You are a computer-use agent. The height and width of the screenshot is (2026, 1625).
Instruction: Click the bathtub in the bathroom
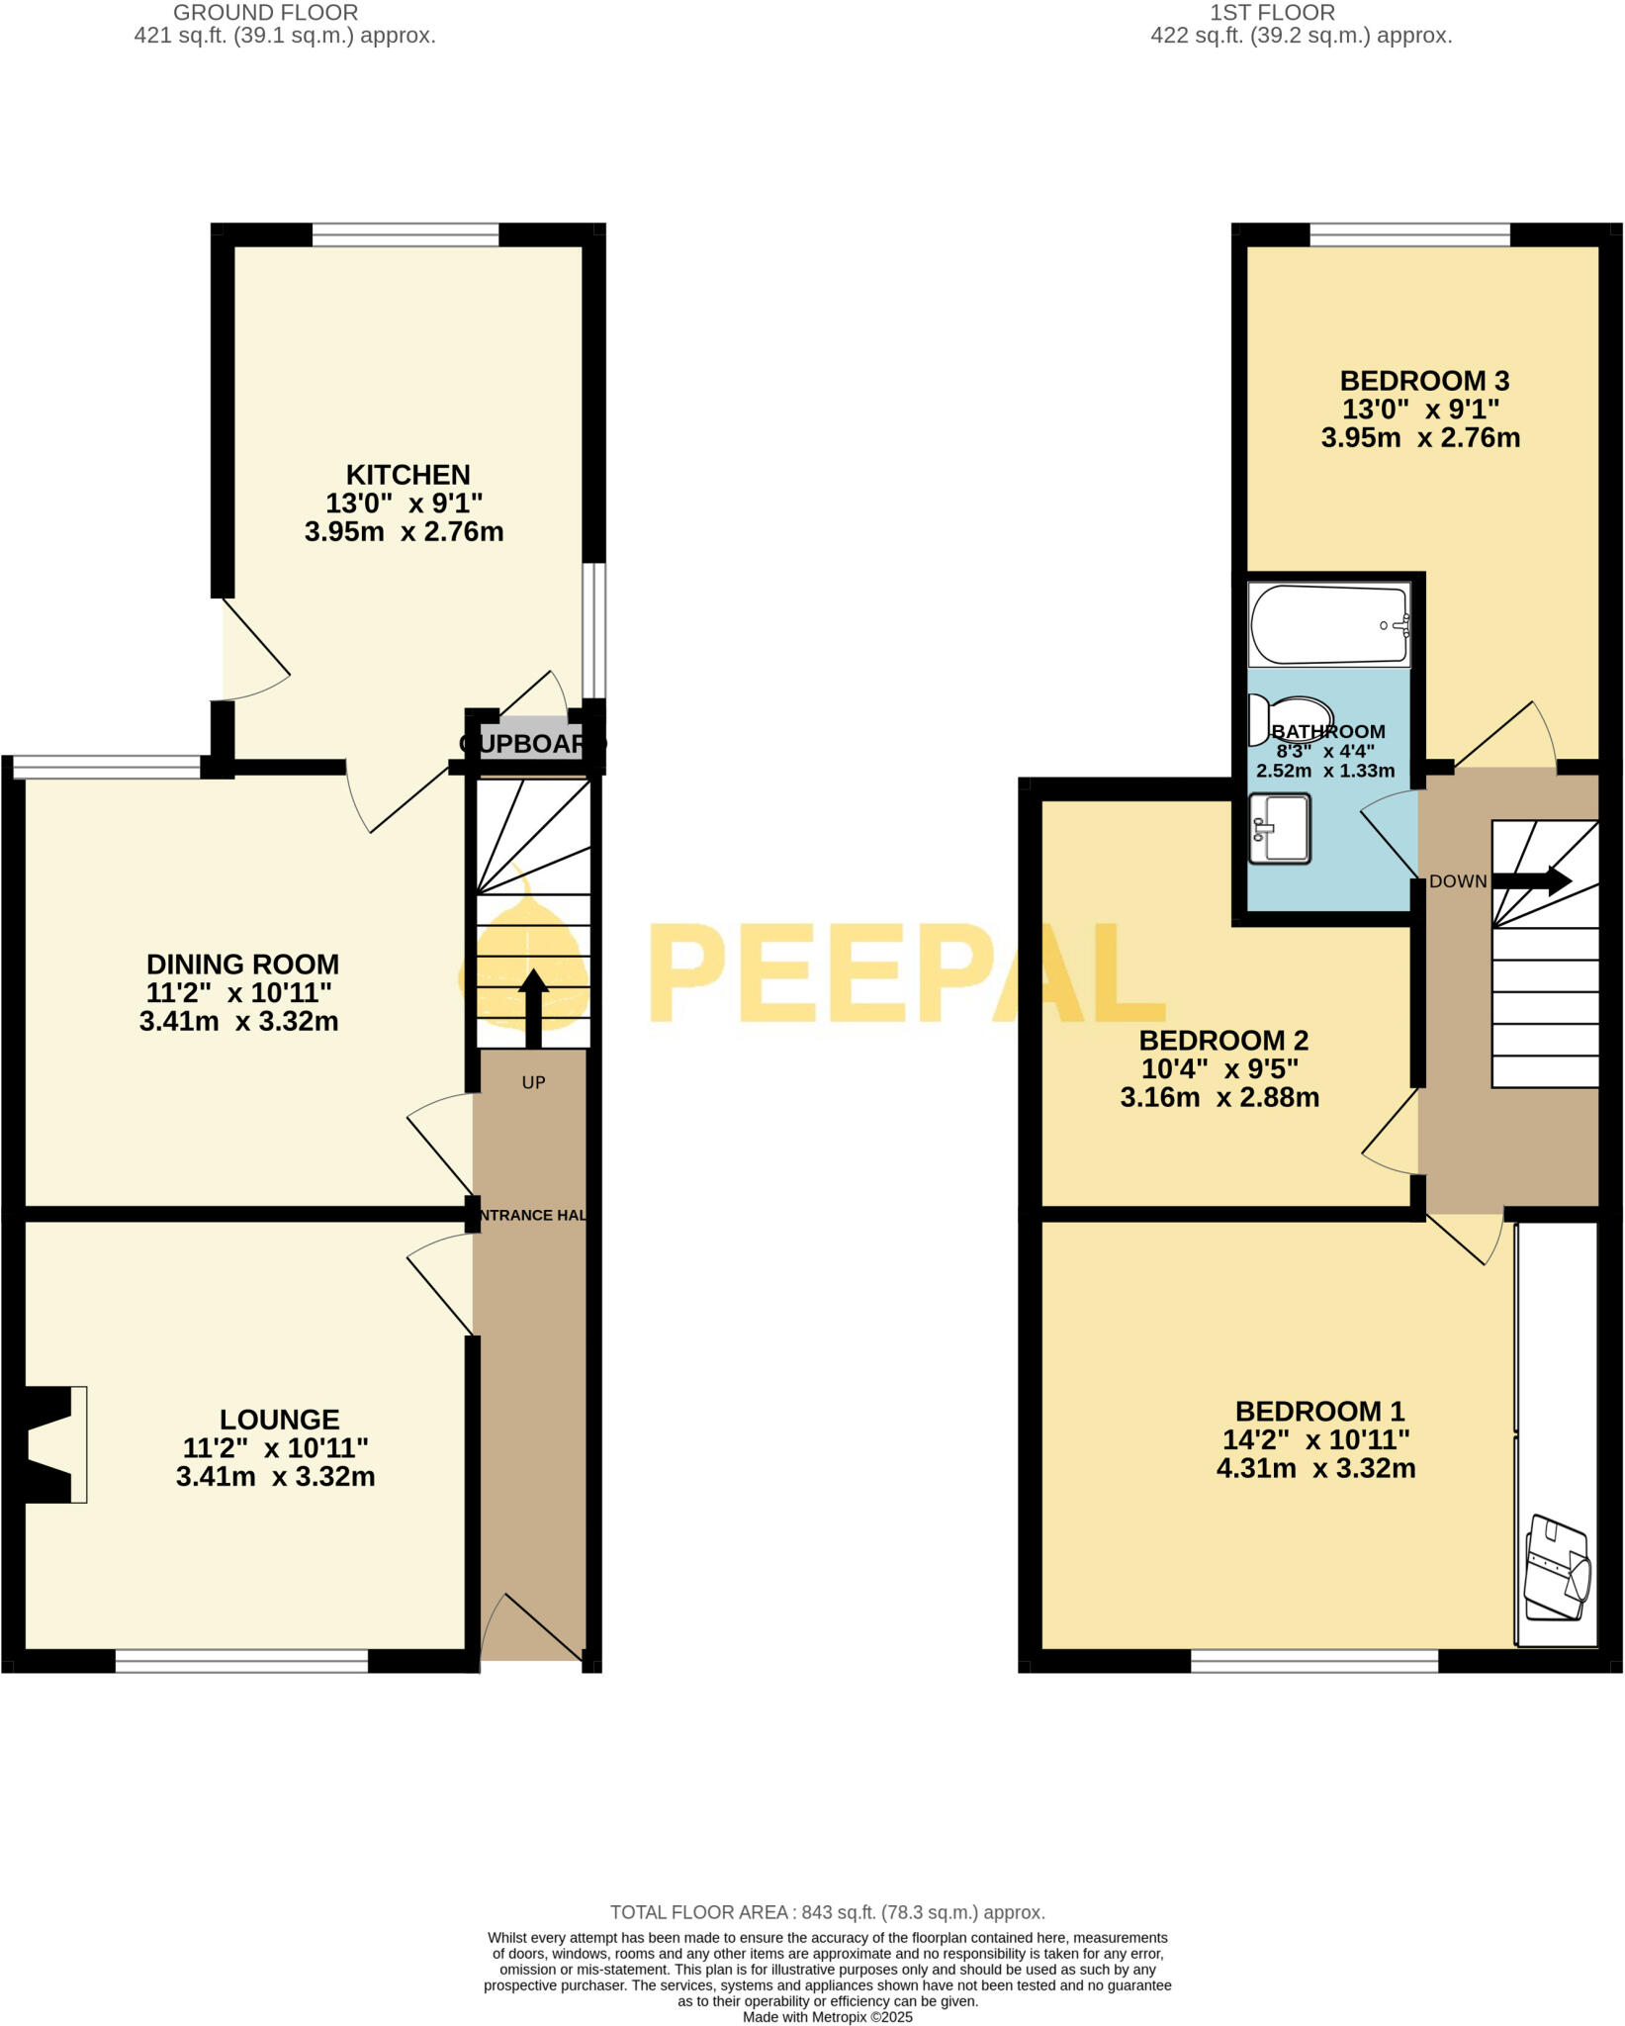[x=1328, y=624]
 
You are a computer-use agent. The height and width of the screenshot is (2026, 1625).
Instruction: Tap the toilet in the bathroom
[x=1290, y=717]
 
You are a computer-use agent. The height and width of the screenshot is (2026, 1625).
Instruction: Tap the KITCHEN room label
[x=407, y=475]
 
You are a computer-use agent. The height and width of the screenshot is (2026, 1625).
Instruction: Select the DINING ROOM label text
[x=242, y=965]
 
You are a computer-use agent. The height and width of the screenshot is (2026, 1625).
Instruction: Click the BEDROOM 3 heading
[x=1424, y=381]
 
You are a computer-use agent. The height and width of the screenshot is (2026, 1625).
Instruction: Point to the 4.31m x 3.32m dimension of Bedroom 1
[x=1315, y=1469]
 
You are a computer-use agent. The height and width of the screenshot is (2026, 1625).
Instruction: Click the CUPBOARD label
[x=532, y=743]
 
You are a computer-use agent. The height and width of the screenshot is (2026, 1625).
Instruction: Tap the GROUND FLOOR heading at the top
[x=265, y=13]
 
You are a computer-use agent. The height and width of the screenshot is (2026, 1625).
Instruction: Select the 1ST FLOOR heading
[x=1272, y=13]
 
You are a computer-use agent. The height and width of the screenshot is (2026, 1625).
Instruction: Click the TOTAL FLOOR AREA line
[x=827, y=1912]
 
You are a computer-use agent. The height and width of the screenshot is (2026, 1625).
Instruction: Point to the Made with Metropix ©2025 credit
[x=827, y=2016]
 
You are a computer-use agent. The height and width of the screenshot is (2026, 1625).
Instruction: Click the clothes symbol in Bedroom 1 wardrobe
[x=1557, y=1568]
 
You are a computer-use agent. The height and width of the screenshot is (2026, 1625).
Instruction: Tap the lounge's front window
[x=242, y=1661]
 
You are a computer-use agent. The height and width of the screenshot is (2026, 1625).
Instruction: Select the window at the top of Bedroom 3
[x=1410, y=234]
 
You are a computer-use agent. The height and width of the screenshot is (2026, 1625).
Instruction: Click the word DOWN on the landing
[x=1458, y=881]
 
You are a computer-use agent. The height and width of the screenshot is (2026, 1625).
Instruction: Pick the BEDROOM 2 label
[x=1223, y=1041]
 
